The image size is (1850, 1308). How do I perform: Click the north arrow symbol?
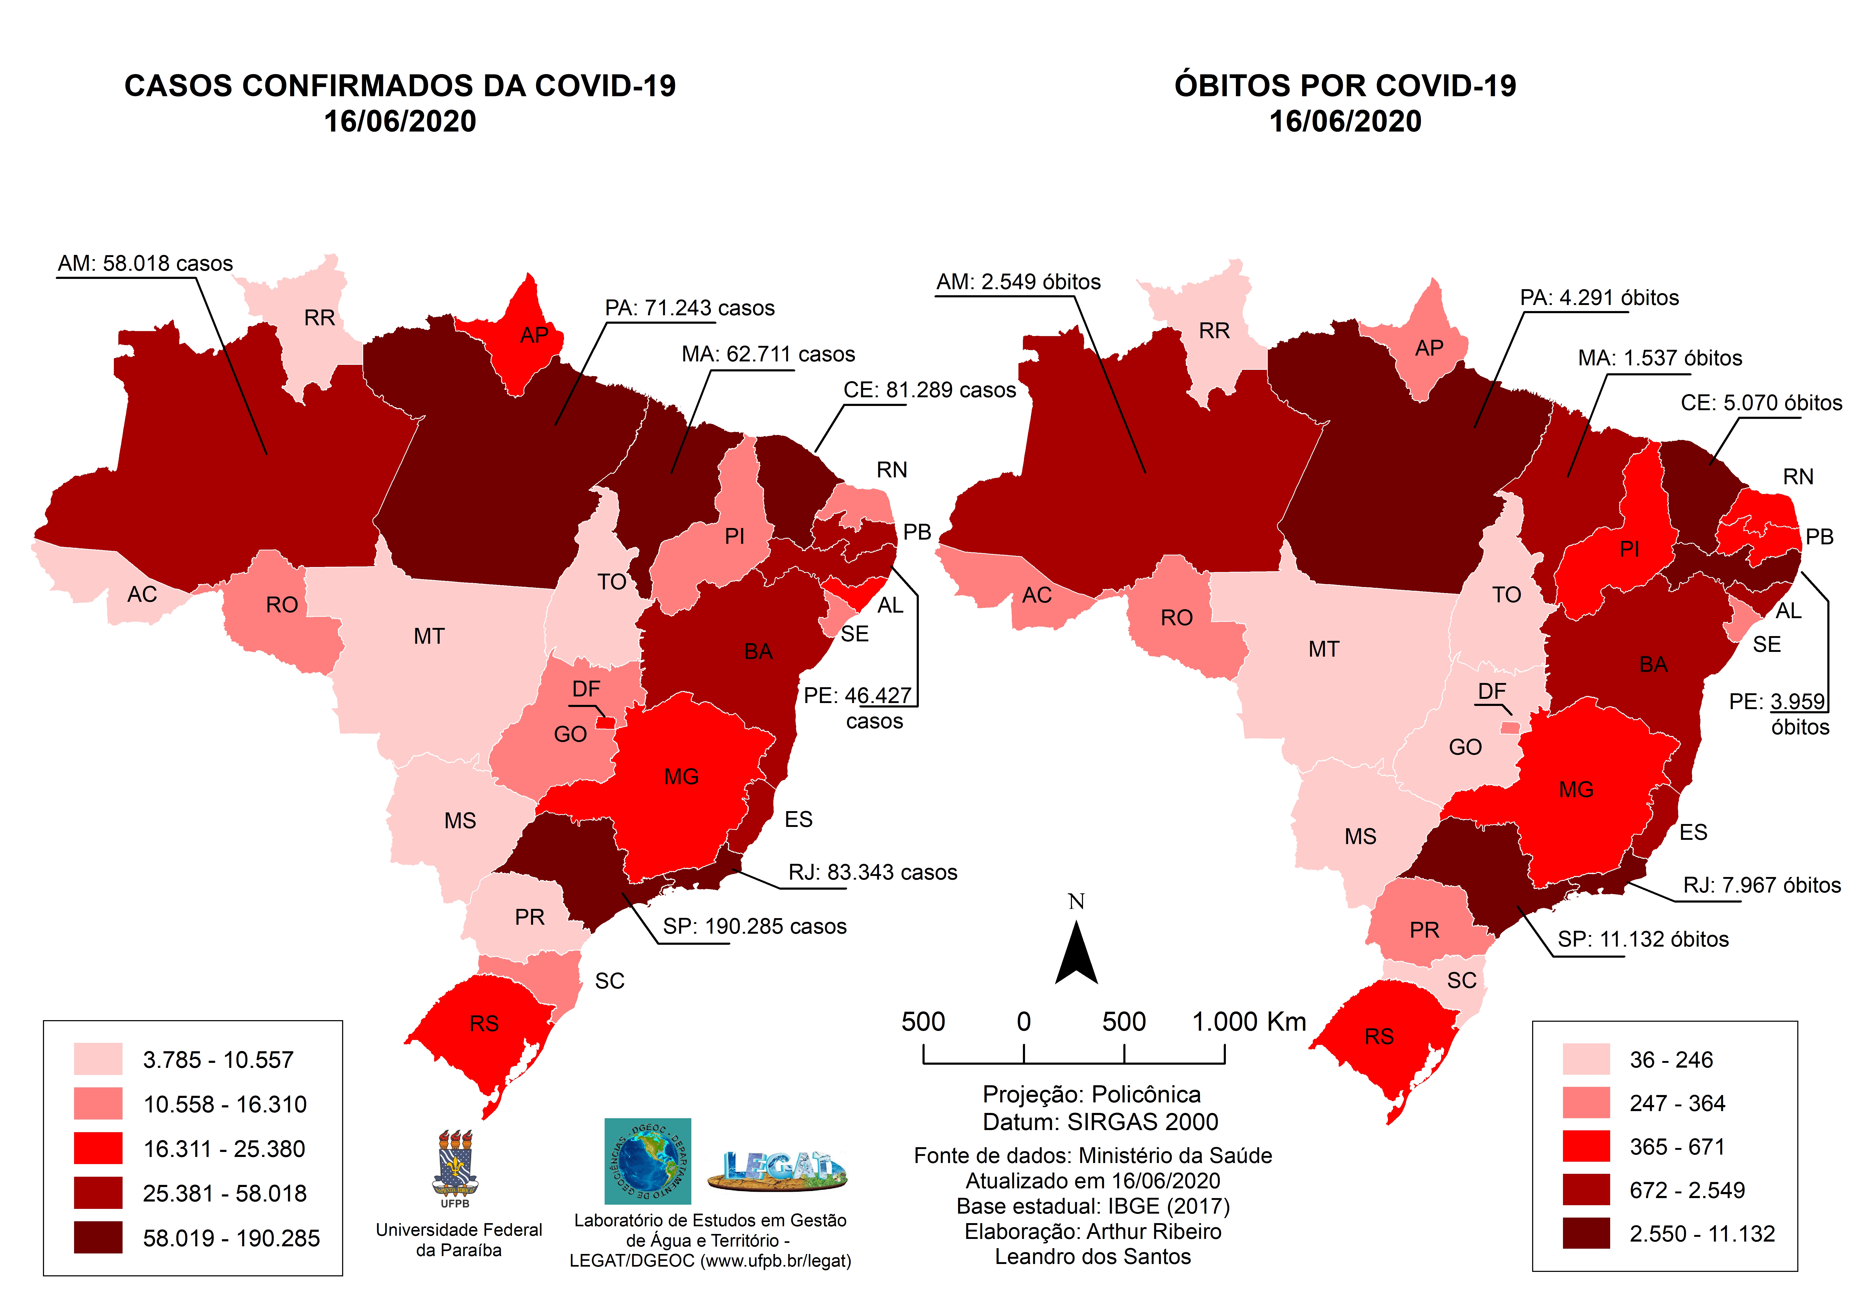tap(1076, 955)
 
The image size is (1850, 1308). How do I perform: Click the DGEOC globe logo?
tap(648, 1161)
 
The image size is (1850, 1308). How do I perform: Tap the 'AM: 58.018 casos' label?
tap(145, 264)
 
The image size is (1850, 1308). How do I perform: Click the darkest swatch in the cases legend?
tap(98, 1237)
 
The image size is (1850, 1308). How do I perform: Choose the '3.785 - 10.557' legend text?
tap(217, 1060)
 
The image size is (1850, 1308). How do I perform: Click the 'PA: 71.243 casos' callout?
tap(690, 308)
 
